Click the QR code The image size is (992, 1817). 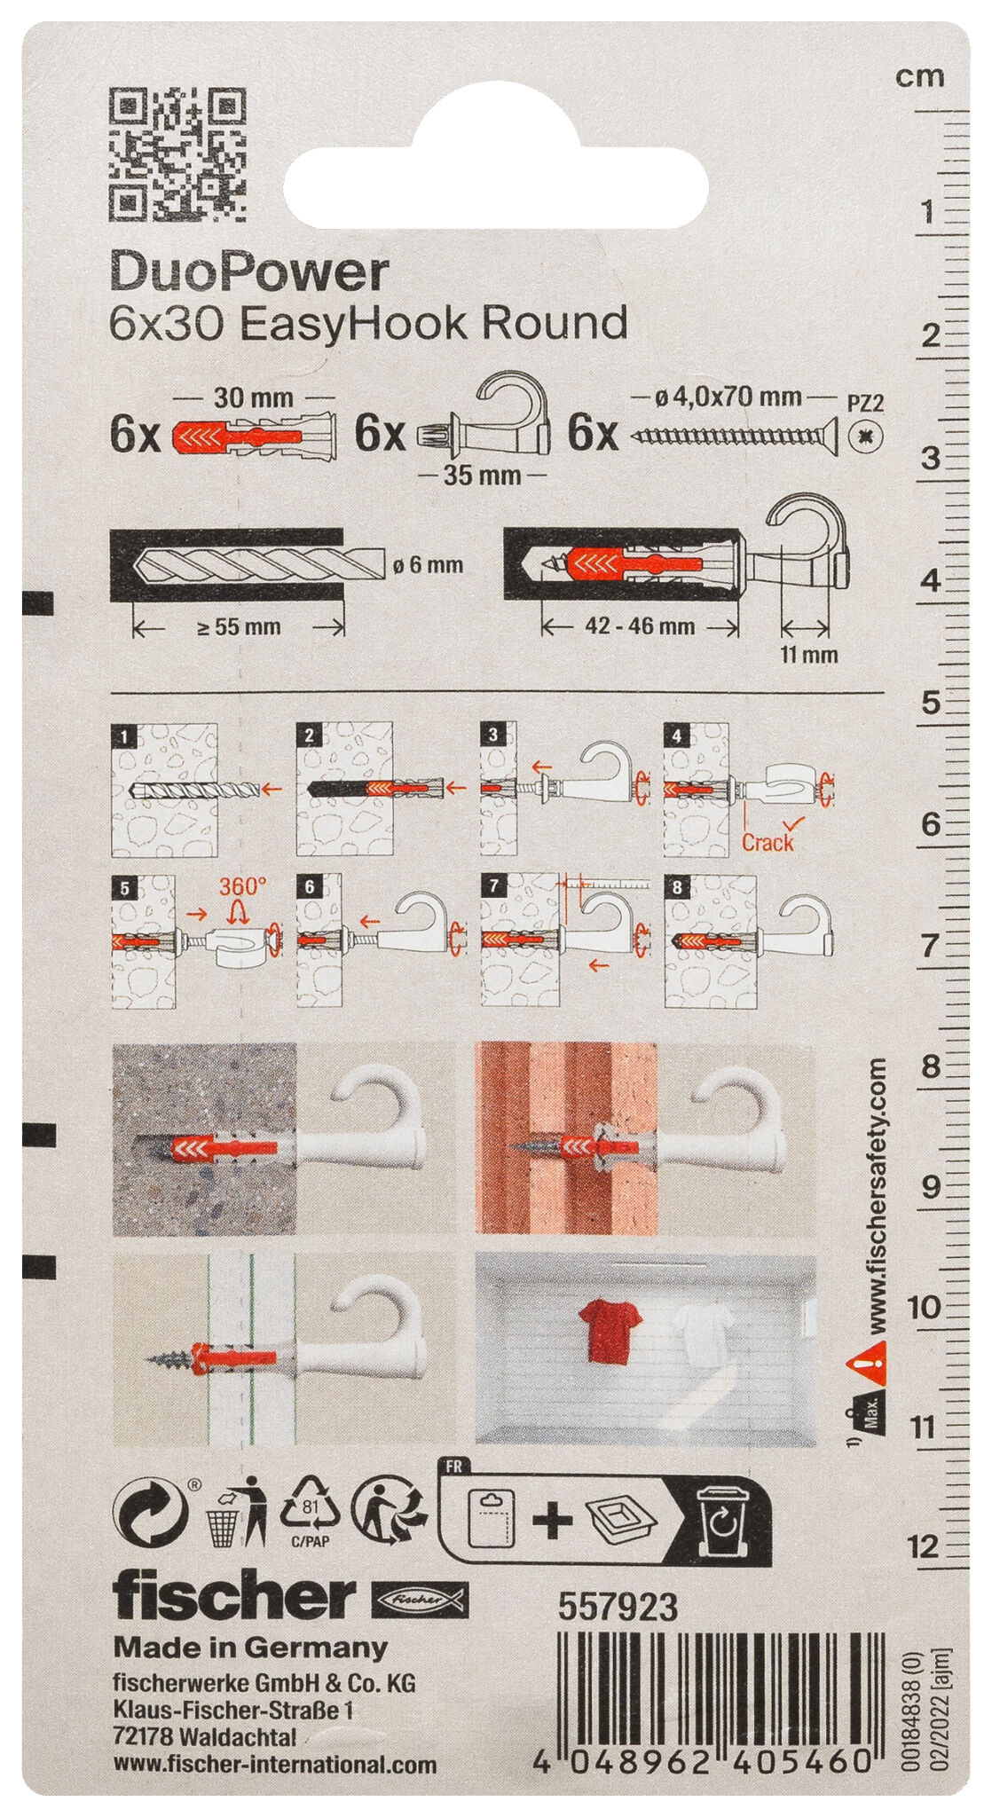[177, 153]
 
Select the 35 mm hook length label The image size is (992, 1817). [482, 476]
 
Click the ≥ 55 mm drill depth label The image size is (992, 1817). [238, 627]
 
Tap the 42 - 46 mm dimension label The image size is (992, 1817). [640, 626]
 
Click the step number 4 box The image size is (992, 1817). [677, 735]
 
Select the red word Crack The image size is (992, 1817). [767, 842]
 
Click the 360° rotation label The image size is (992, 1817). [242, 886]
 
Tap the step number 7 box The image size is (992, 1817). [492, 886]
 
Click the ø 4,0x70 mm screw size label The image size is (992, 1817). [728, 397]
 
